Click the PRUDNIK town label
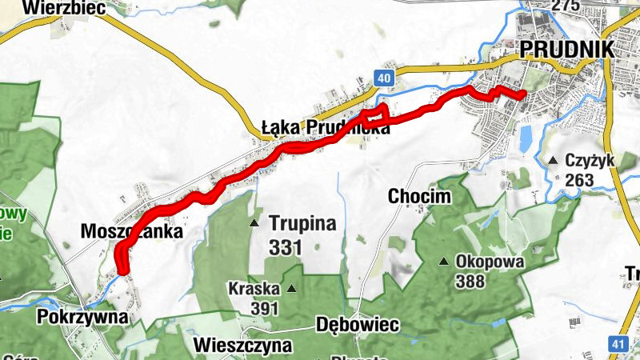point(566,49)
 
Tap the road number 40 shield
point(384,78)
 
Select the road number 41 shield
point(617,344)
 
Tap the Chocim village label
point(418,196)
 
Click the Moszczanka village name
point(132,232)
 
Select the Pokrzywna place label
point(82,317)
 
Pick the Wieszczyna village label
point(242,346)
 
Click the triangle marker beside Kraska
point(291,289)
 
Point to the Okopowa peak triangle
point(444,262)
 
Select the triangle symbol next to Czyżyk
point(553,161)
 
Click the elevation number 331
point(285,248)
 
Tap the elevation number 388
point(471,281)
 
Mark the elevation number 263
point(578,181)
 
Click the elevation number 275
point(565,6)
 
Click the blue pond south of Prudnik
point(526,140)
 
